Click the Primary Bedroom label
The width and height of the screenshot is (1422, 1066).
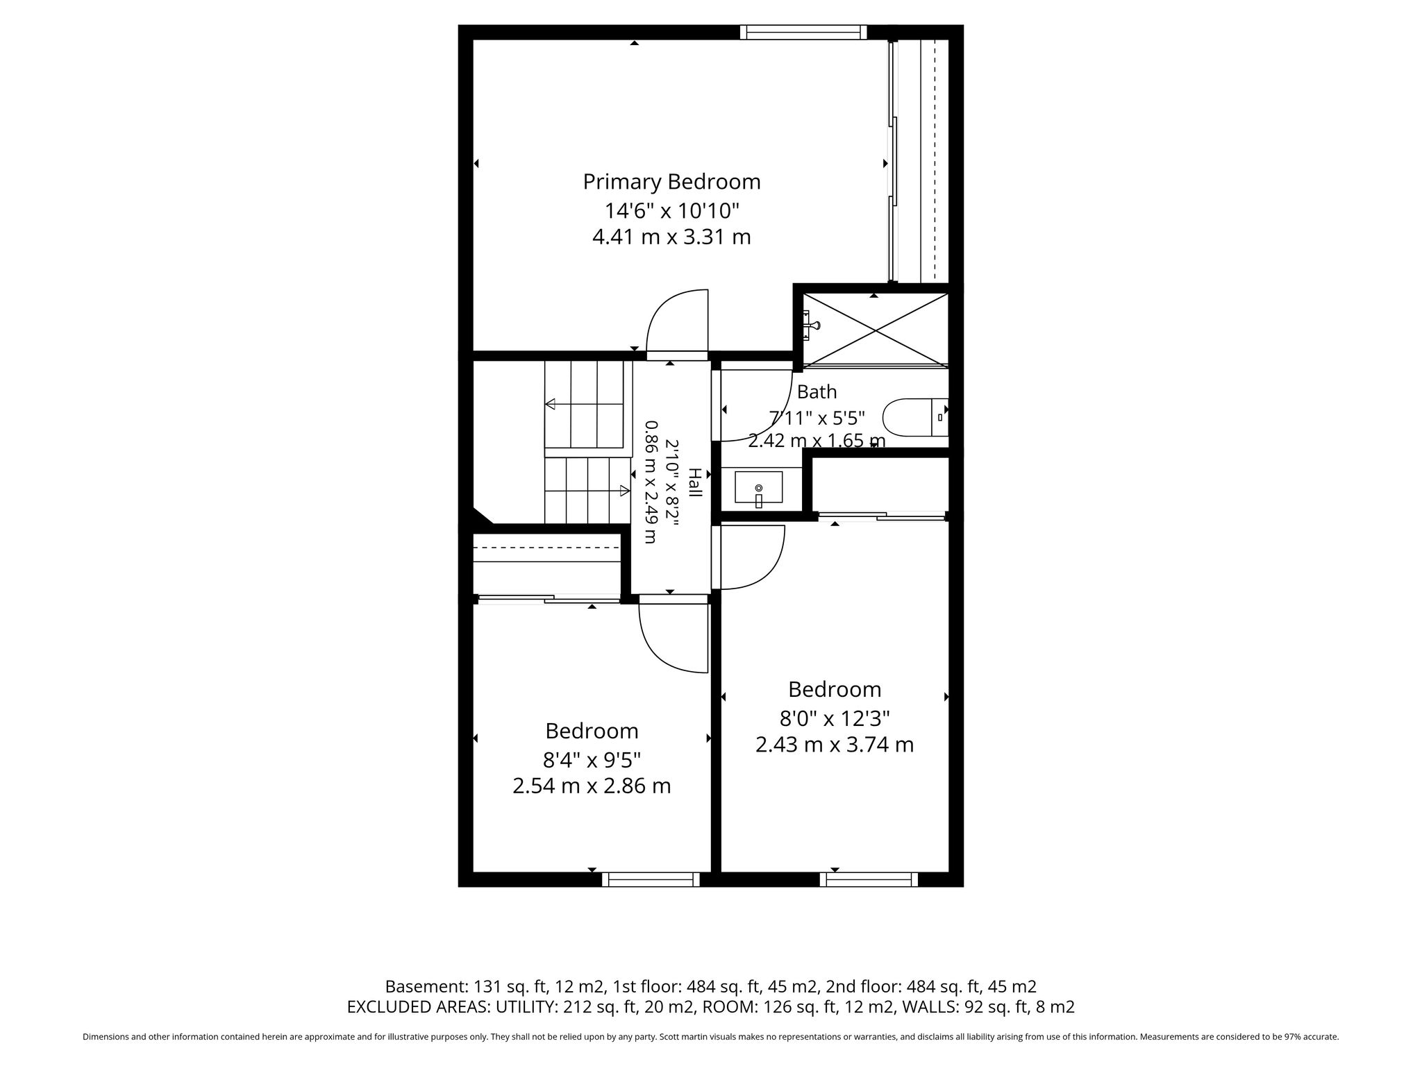[671, 182]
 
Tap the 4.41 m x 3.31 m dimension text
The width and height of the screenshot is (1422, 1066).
[671, 237]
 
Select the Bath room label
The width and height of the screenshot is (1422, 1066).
[817, 392]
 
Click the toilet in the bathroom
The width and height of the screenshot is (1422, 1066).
[915, 417]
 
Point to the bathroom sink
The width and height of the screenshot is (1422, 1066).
[758, 487]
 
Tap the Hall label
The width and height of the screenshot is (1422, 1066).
[694, 482]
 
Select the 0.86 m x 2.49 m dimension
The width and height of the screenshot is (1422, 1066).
[650, 482]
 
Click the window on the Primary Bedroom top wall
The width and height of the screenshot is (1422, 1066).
[803, 32]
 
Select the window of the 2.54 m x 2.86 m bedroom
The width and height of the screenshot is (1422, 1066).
[651, 879]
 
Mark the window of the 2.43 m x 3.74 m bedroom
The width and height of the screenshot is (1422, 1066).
[869, 879]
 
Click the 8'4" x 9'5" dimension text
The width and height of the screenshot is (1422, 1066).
[592, 760]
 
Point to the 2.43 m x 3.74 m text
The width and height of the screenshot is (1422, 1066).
[835, 745]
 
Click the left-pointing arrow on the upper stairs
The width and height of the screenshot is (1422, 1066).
[550, 404]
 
